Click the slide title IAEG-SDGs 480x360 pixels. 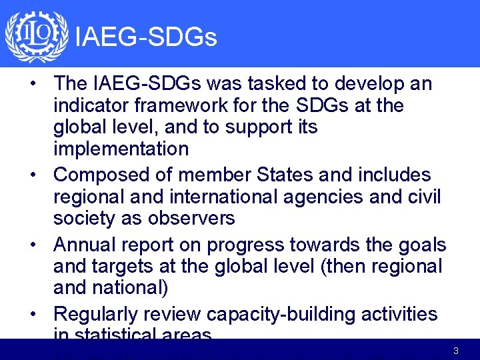click(146, 38)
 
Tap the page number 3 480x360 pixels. click(455, 351)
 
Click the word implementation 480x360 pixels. click(121, 149)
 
